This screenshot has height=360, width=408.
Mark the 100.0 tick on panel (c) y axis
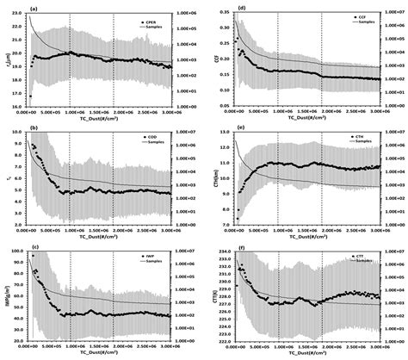tap(14, 252)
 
